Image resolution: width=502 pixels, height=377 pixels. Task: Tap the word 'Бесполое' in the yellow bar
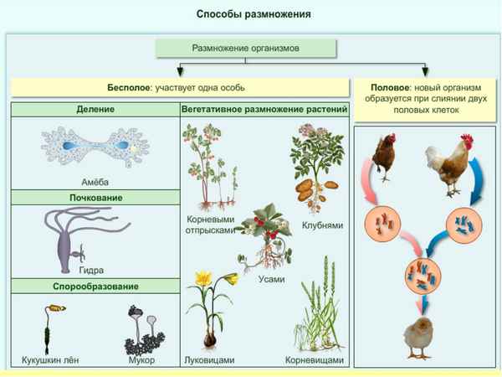[x=128, y=87]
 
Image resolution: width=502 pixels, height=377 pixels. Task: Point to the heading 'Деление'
[x=95, y=110]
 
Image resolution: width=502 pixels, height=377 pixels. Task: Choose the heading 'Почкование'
[x=95, y=198]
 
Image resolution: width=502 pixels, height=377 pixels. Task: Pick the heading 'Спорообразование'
[x=95, y=287]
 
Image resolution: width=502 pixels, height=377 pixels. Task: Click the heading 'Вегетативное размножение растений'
[x=264, y=110]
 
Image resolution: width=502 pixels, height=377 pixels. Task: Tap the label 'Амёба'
[x=95, y=182]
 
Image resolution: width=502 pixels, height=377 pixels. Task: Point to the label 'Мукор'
[x=142, y=360]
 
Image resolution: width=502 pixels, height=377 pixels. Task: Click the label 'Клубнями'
[x=320, y=226]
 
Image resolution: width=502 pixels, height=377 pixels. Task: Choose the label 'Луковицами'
[x=207, y=360]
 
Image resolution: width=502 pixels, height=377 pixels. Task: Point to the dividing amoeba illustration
[x=95, y=147]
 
